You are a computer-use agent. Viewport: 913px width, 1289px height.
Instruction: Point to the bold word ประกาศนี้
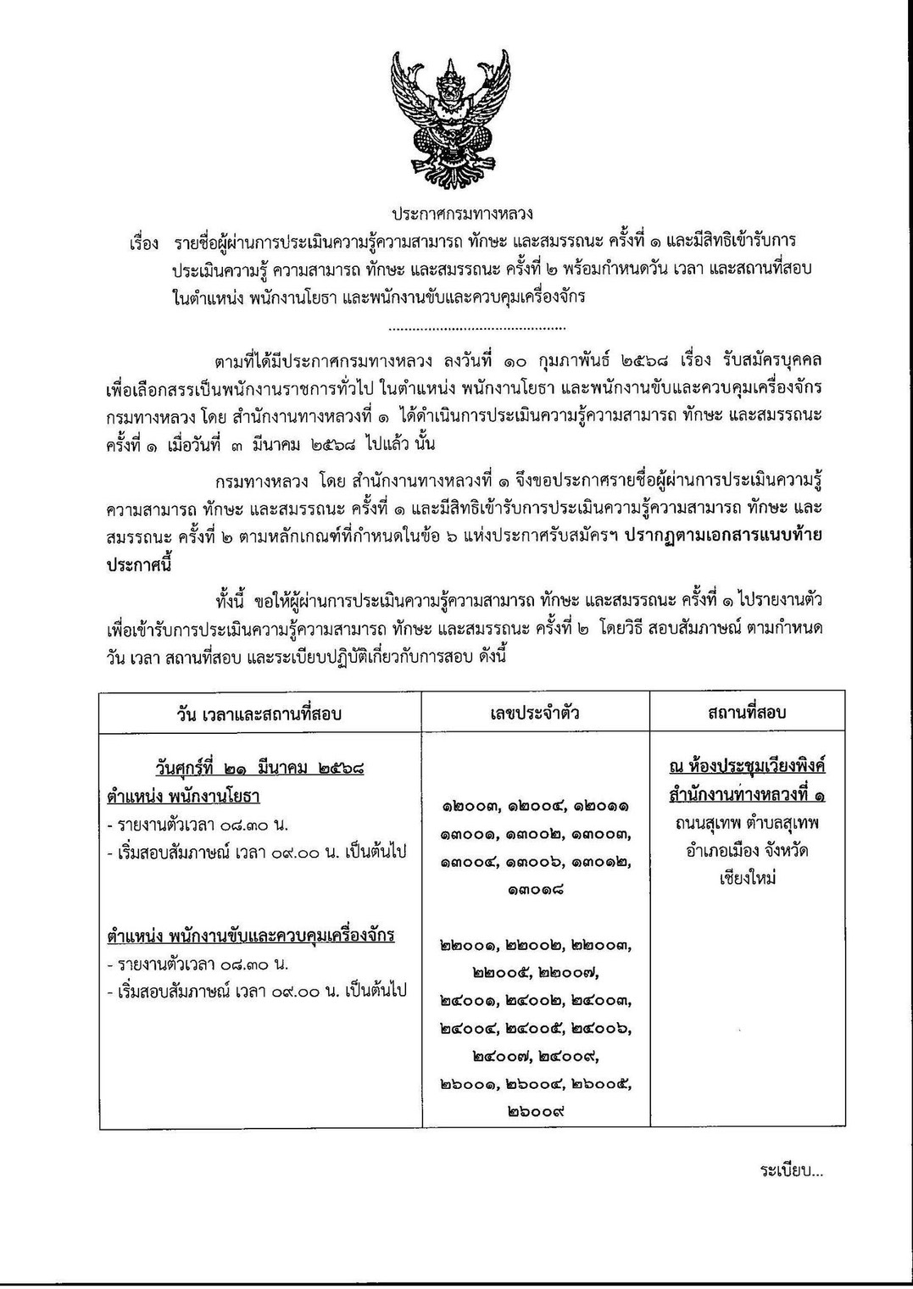138,564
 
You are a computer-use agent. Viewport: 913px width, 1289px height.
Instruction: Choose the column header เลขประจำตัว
535,713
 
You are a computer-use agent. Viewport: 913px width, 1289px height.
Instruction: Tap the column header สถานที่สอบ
747,713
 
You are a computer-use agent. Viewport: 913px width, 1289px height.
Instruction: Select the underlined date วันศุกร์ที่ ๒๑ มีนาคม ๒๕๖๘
259,770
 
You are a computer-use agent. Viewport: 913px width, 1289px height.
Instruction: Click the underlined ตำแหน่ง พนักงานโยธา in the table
183,797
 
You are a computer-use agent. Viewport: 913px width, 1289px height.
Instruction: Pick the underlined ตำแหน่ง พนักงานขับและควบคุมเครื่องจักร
251,936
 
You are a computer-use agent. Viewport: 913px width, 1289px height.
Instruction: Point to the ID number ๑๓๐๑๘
536,889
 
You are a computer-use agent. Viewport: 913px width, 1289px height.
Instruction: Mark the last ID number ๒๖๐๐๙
536,1111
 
